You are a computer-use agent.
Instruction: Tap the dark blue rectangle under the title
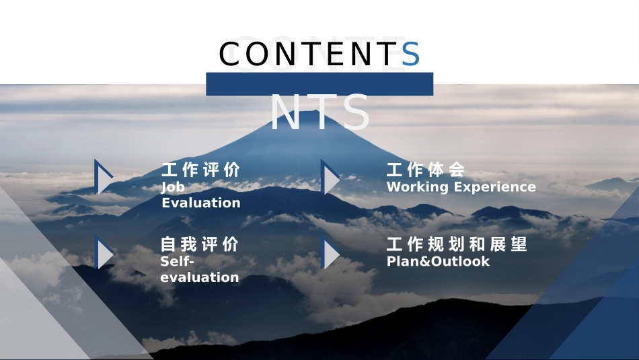coord(319,84)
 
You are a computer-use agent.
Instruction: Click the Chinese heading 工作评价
coord(200,170)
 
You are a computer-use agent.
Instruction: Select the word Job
coord(173,187)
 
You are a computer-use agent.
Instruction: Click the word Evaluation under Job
coord(200,203)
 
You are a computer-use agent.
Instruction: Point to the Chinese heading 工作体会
coord(426,170)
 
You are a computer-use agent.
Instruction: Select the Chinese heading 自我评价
coord(200,244)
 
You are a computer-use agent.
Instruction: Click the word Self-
coord(178,261)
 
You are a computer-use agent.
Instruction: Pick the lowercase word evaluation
coord(200,277)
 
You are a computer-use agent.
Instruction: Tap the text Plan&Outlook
coord(438,261)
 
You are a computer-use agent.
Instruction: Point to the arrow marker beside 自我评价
coord(104,253)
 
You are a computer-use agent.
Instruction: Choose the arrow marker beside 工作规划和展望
coord(330,254)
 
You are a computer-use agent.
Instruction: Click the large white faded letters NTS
coord(319,112)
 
